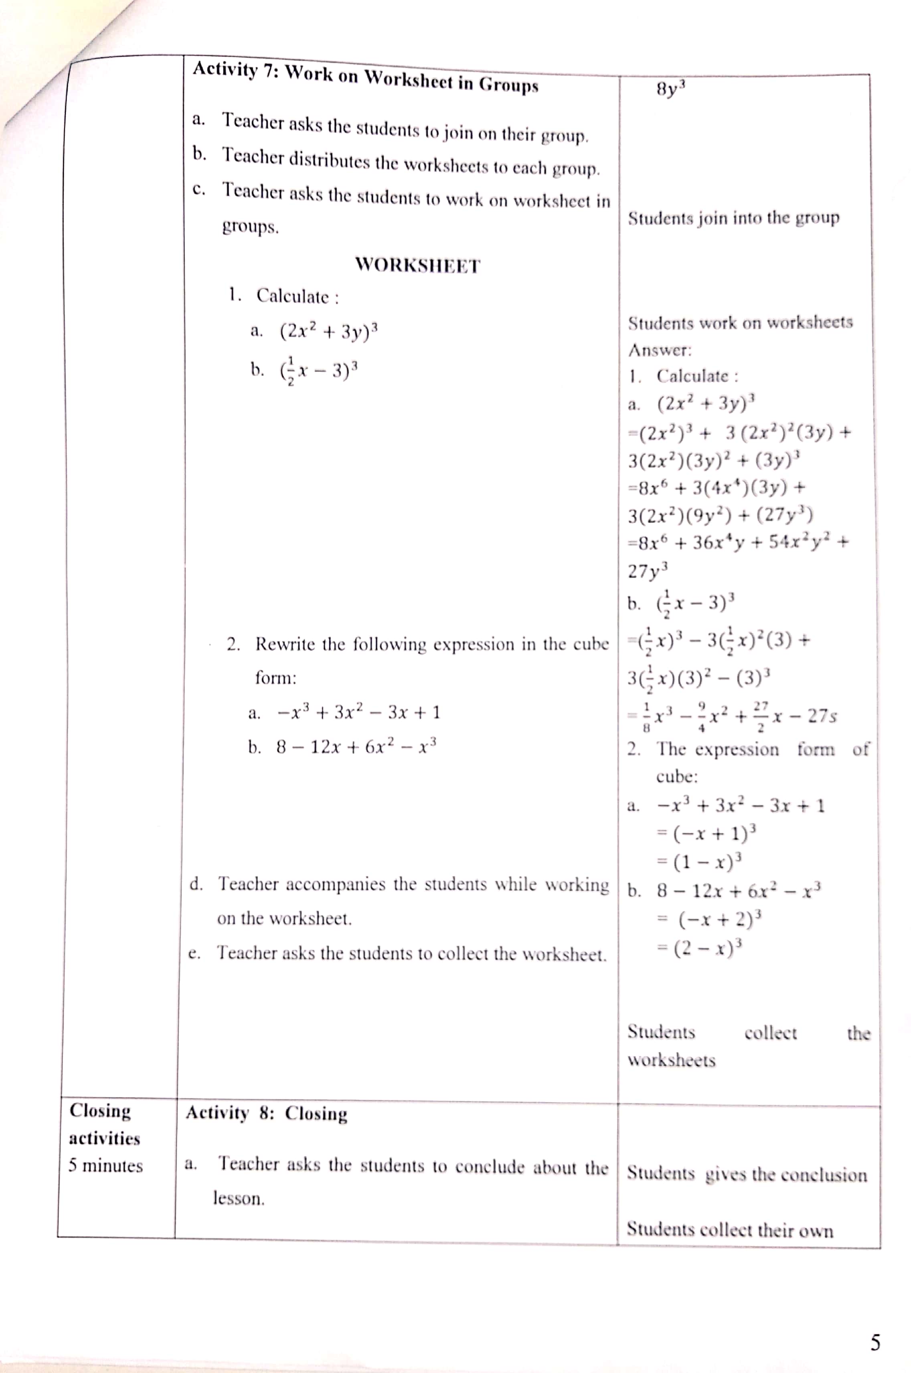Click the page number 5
pyautogui.click(x=875, y=1342)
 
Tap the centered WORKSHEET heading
pyautogui.click(x=418, y=266)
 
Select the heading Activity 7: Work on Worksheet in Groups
pyautogui.click(x=365, y=77)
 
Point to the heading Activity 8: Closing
pyautogui.click(x=266, y=1113)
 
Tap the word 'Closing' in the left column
pyautogui.click(x=100, y=1110)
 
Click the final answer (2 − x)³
pyautogui.click(x=708, y=948)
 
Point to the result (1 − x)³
pyautogui.click(x=708, y=862)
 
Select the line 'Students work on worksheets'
pyautogui.click(x=740, y=322)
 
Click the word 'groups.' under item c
pyautogui.click(x=251, y=227)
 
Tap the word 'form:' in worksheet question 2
pyautogui.click(x=275, y=678)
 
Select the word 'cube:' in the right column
pyautogui.click(x=677, y=776)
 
